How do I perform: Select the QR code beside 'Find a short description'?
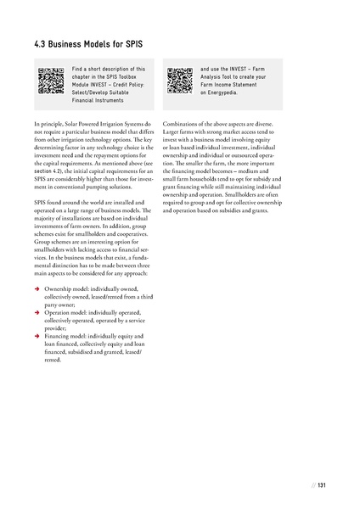(x=51, y=79)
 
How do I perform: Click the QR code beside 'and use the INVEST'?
(x=179, y=79)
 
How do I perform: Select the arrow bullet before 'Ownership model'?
(x=31, y=288)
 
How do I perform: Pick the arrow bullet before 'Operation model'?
(x=31, y=313)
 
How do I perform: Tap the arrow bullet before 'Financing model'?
(x=31, y=336)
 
